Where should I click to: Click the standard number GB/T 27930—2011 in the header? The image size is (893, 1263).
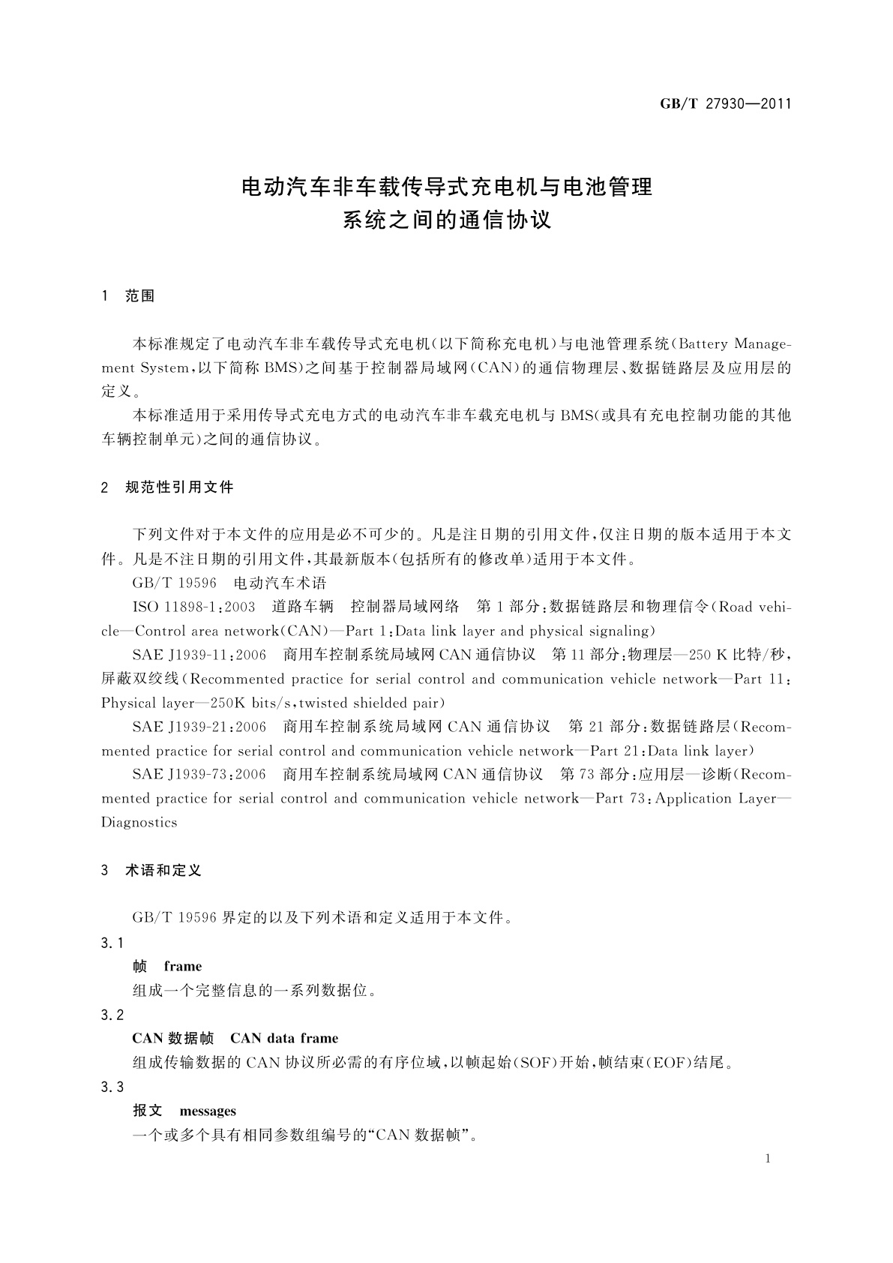725,104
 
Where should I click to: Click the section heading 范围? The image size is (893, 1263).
140,296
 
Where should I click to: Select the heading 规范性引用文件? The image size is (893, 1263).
179,487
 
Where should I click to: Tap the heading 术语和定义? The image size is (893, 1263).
163,871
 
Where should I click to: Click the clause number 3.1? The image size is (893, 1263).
112,943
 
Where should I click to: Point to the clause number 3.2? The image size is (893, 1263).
112,1015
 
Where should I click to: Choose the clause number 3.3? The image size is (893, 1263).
112,1087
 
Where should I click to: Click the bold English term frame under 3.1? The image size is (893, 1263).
183,967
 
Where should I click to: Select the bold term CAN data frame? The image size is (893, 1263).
284,1039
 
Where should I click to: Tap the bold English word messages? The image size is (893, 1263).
208,1111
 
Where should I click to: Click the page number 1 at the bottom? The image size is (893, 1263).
768,1159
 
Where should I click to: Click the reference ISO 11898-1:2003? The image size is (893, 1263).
193,607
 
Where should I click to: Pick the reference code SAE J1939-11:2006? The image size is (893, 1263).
199,655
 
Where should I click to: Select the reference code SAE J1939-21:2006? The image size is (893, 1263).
199,727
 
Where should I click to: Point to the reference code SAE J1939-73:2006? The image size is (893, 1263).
199,775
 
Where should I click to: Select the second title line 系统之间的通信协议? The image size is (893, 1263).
447,221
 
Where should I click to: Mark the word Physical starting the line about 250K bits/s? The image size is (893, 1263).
127,703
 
